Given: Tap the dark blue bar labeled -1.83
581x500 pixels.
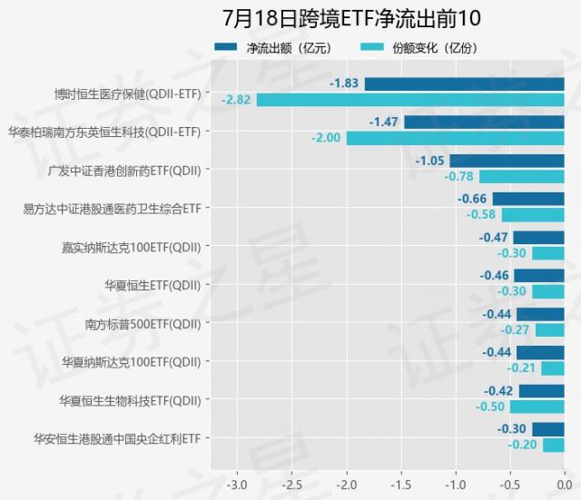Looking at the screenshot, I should point(464,83).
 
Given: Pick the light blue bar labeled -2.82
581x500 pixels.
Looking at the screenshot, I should point(410,99).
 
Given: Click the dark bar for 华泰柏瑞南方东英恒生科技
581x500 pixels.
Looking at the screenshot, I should point(484,122).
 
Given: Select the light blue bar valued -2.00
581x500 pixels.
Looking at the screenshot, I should point(455,138).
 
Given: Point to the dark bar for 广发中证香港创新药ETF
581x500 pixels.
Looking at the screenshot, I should point(507,161).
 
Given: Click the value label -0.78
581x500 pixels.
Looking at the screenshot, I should point(459,177).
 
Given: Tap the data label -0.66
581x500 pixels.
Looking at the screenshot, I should point(472,199).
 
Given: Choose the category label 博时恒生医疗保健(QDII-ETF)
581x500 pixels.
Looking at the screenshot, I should point(127,93).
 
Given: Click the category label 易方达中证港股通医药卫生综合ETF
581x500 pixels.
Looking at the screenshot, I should point(112,208).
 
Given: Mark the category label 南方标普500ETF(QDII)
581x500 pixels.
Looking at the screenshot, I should point(143,323).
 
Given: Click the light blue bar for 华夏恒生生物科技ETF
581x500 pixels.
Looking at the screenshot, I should point(537,407).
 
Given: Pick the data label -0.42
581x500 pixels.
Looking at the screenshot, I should point(497,391).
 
